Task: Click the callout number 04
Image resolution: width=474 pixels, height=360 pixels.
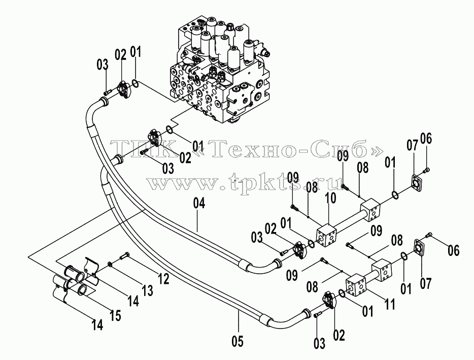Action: [x=199, y=203]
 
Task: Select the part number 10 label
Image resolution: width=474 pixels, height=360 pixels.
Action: [x=331, y=198]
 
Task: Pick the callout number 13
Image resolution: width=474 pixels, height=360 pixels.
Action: [x=148, y=290]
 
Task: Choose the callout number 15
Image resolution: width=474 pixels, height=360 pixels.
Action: [x=115, y=315]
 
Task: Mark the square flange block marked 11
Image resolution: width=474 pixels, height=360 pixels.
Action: [x=356, y=285]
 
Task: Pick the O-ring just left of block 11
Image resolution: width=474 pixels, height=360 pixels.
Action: [x=342, y=293]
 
